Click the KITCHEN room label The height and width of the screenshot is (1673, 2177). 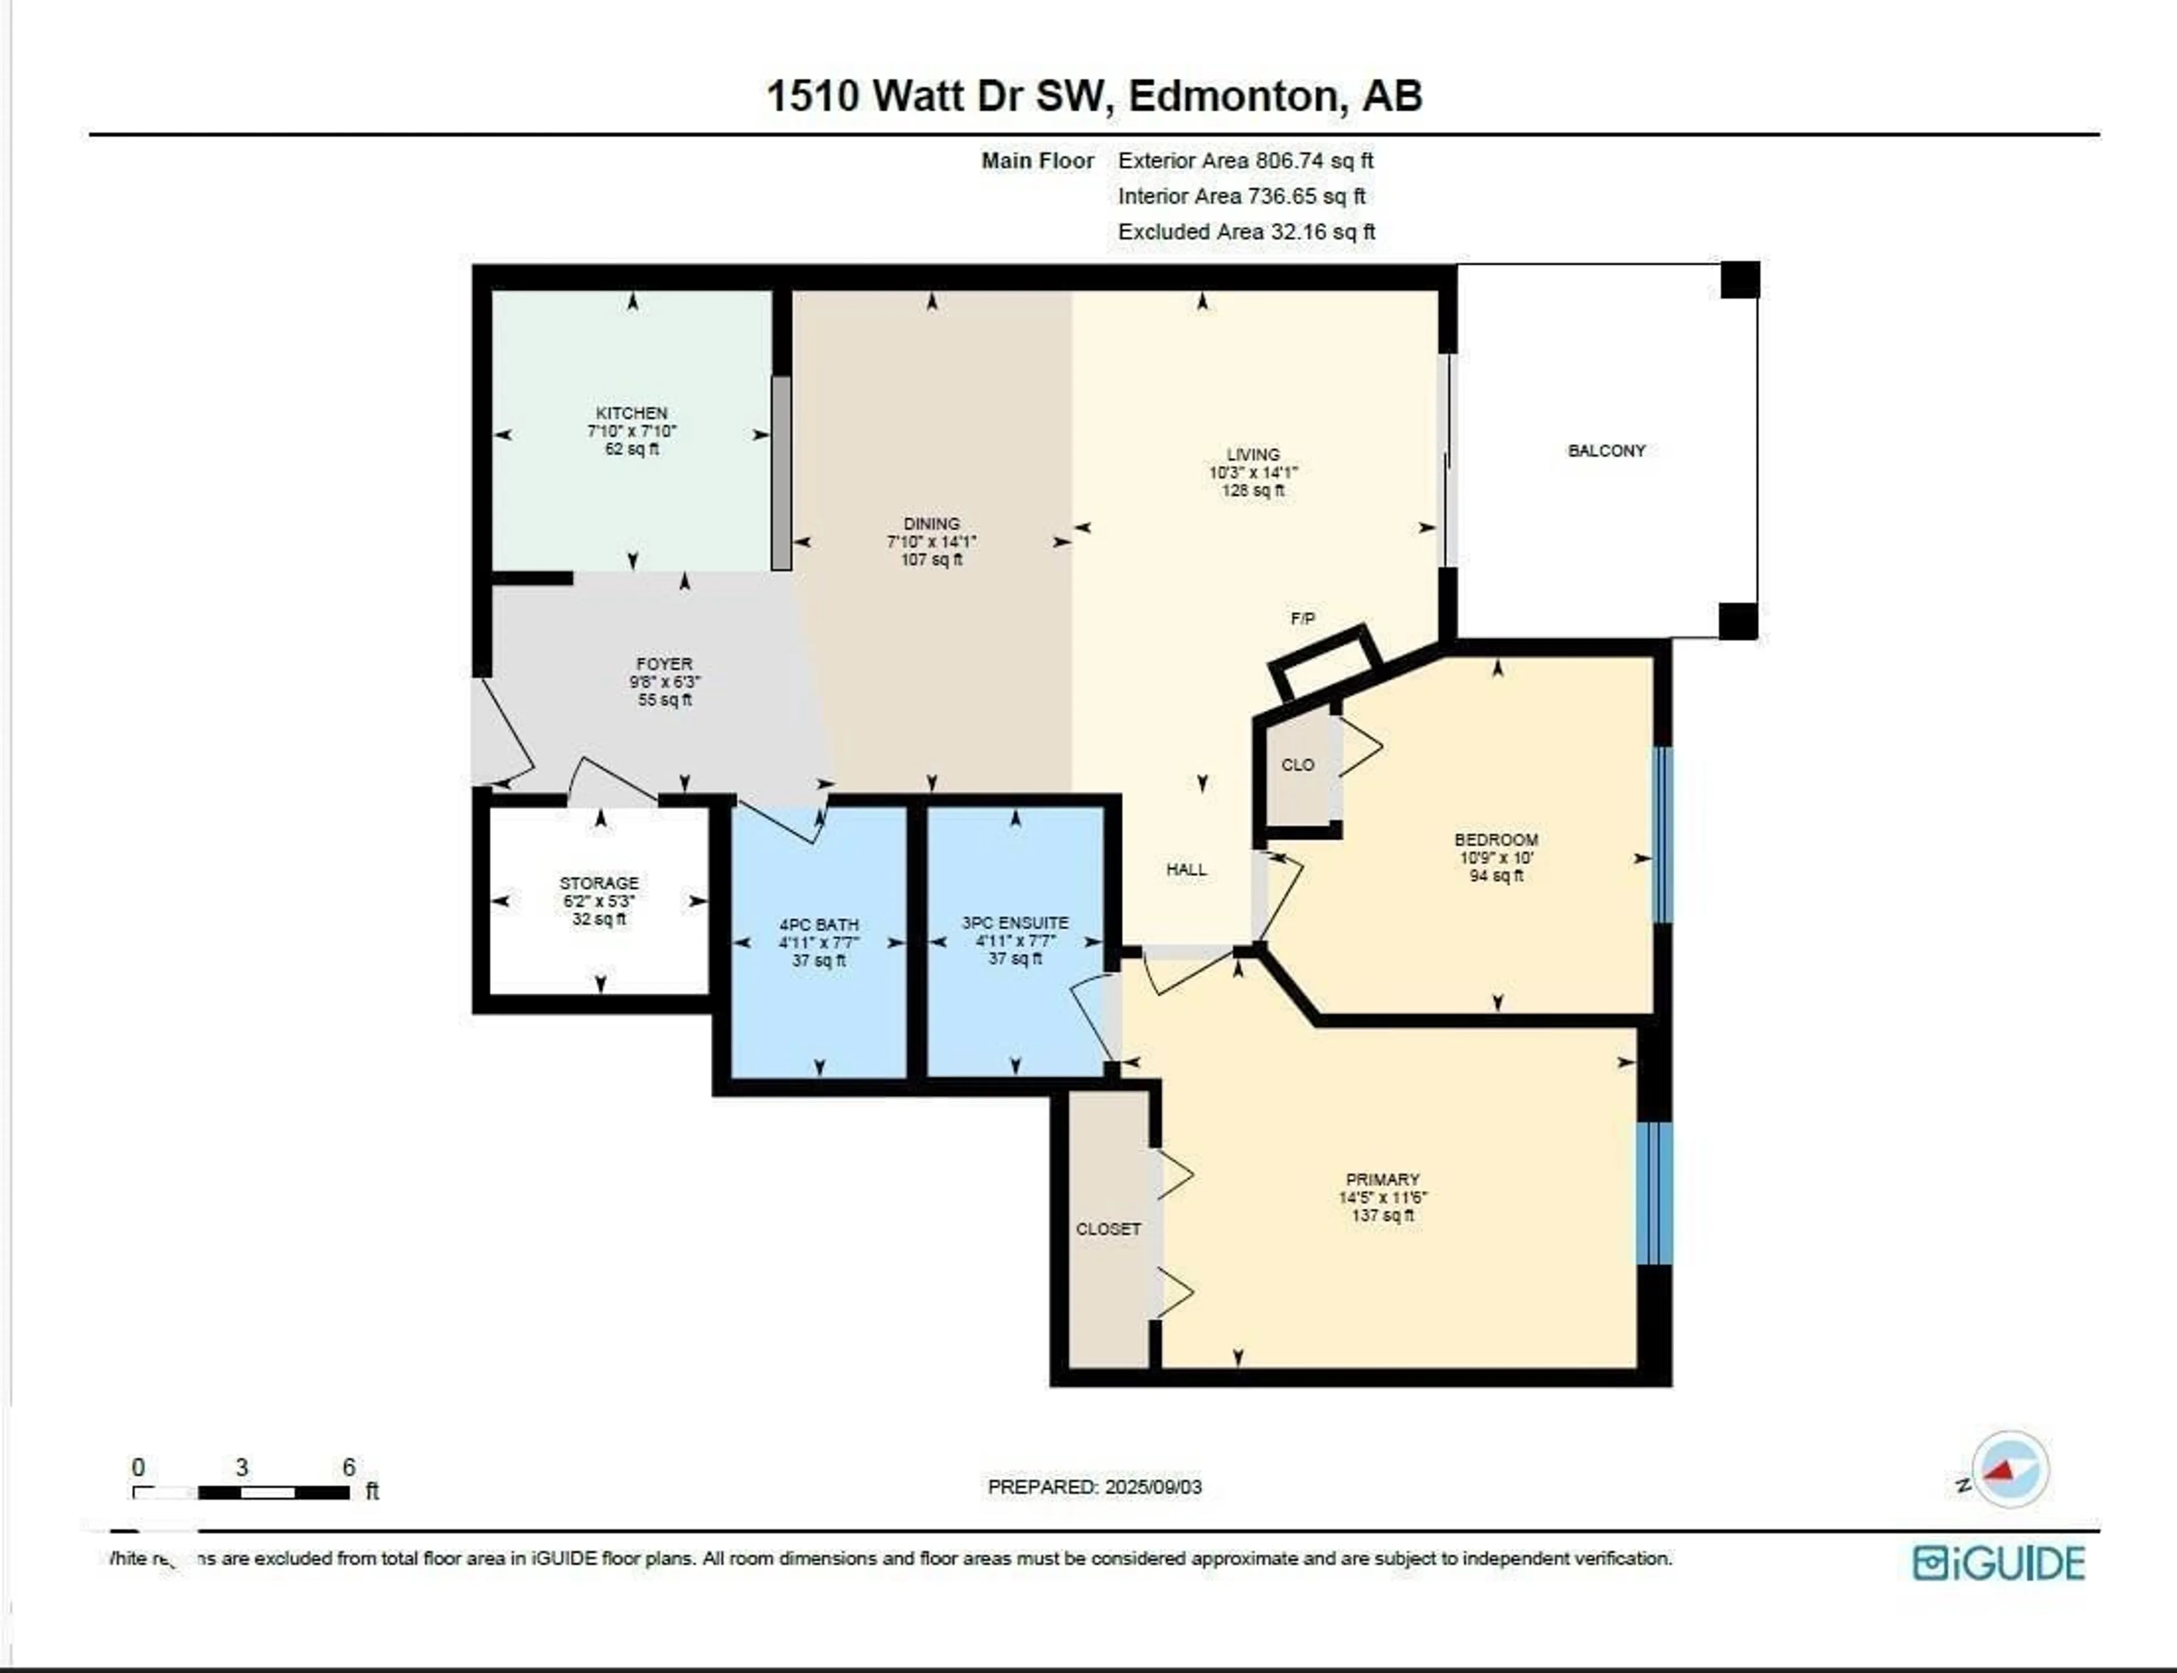click(x=632, y=412)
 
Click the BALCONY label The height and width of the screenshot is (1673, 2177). click(x=1606, y=450)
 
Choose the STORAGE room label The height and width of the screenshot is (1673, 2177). click(x=599, y=882)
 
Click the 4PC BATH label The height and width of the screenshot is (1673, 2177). click(x=819, y=924)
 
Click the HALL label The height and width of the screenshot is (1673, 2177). click(x=1186, y=869)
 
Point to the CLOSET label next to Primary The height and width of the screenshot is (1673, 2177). click(x=1107, y=1229)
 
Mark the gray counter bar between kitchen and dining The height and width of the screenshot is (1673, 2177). click(x=782, y=473)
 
